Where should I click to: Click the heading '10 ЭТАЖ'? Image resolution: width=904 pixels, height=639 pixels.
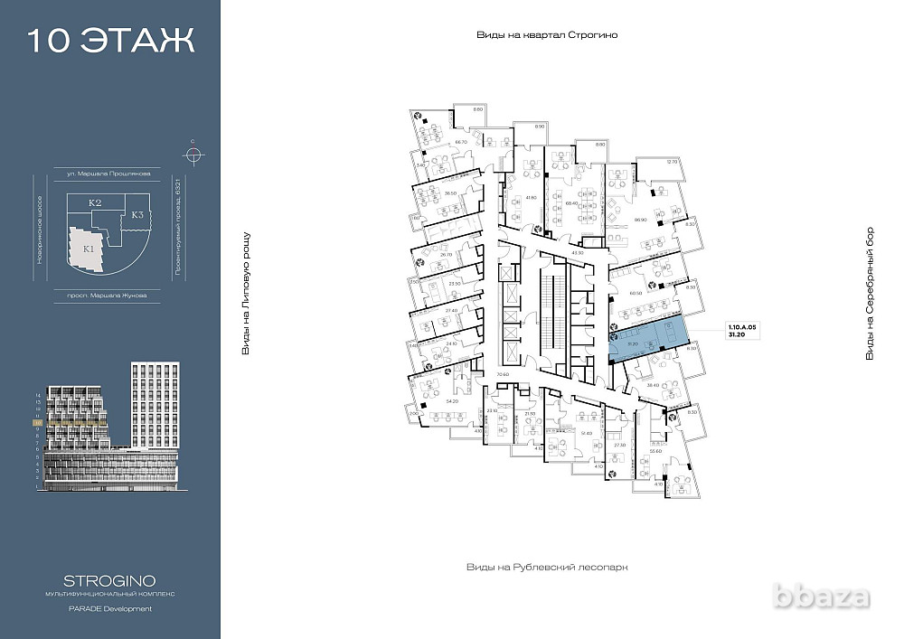(110, 41)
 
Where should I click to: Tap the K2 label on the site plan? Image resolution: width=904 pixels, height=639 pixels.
(94, 204)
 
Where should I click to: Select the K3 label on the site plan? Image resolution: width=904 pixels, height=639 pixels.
(137, 215)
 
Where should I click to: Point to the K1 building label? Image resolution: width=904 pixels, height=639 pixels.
(89, 248)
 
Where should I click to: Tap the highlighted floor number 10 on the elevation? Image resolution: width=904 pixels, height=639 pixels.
(37, 421)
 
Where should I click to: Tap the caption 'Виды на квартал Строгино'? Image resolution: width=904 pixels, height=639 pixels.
(551, 34)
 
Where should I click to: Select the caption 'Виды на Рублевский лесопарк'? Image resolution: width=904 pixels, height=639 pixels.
(546, 567)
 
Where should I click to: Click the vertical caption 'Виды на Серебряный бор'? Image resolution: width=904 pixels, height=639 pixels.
(870, 295)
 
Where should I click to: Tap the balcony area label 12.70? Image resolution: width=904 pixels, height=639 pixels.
(671, 161)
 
